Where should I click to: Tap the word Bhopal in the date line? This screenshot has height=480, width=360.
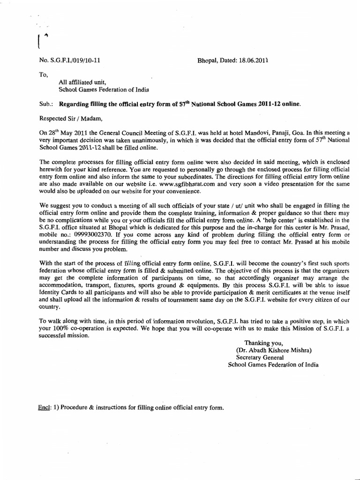(208, 60)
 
